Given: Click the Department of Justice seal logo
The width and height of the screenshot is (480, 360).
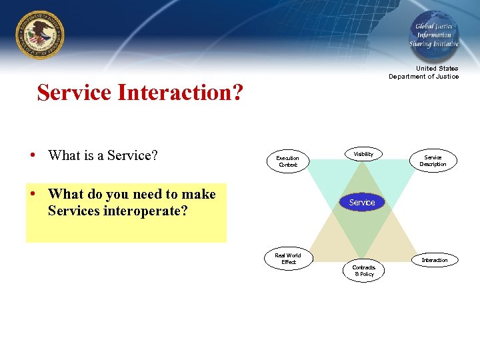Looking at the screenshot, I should click(x=39, y=34).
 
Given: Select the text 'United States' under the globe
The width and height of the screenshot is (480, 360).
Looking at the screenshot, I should click(x=437, y=69).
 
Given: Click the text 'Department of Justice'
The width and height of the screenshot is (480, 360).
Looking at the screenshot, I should click(x=424, y=77).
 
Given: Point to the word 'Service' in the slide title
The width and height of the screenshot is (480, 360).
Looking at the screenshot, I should click(x=75, y=93).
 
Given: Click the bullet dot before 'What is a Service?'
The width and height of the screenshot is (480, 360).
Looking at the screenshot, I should click(x=33, y=156).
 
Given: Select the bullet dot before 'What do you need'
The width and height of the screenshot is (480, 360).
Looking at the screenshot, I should click(x=33, y=195).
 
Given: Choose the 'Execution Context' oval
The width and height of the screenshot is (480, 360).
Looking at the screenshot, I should click(x=288, y=161).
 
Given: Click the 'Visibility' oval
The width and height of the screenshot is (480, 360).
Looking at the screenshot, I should click(x=363, y=154).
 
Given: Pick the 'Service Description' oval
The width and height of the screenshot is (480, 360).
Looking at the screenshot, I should click(x=433, y=161).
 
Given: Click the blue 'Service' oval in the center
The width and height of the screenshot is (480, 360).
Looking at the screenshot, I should click(x=362, y=202).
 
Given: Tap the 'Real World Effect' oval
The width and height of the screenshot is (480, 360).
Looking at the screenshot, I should click(x=288, y=259).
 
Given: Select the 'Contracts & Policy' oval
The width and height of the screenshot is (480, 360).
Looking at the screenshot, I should click(x=364, y=271).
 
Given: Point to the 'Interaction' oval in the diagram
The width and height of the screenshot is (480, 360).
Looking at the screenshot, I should click(x=434, y=260).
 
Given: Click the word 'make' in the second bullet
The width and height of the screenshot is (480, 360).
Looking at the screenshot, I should click(x=199, y=195).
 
